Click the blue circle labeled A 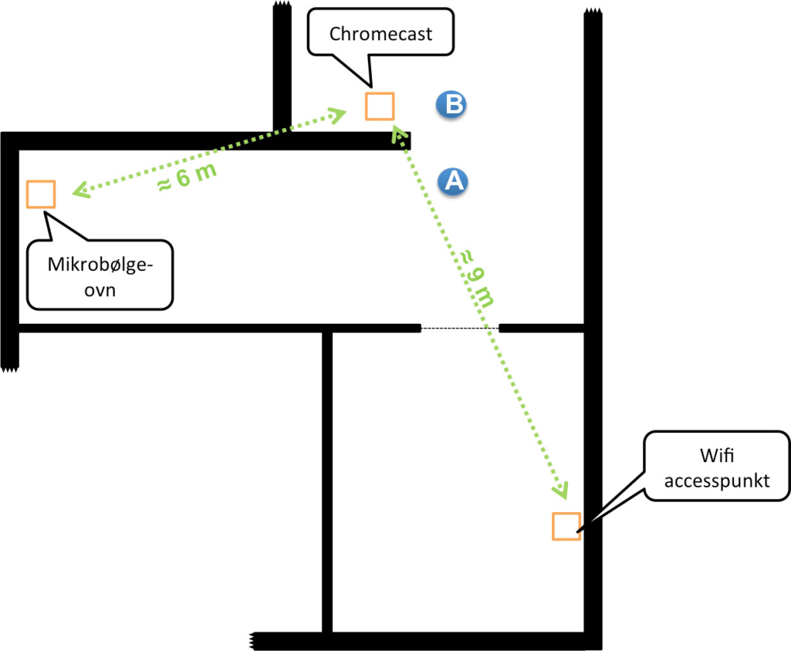click(452, 182)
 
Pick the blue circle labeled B click(451, 105)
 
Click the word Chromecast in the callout click(381, 34)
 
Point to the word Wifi click(717, 455)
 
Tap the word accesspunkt click(717, 481)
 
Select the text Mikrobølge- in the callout click(100, 265)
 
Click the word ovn click(100, 290)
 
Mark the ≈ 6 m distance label click(187, 178)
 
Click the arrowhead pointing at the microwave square click(81, 190)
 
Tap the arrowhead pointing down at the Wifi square click(561, 491)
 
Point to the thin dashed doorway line click(460, 329)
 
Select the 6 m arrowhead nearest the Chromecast click(338, 115)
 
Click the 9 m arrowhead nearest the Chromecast click(398, 134)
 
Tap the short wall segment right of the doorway click(542, 329)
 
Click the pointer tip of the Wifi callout click(579, 531)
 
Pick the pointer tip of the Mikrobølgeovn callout click(45, 213)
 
